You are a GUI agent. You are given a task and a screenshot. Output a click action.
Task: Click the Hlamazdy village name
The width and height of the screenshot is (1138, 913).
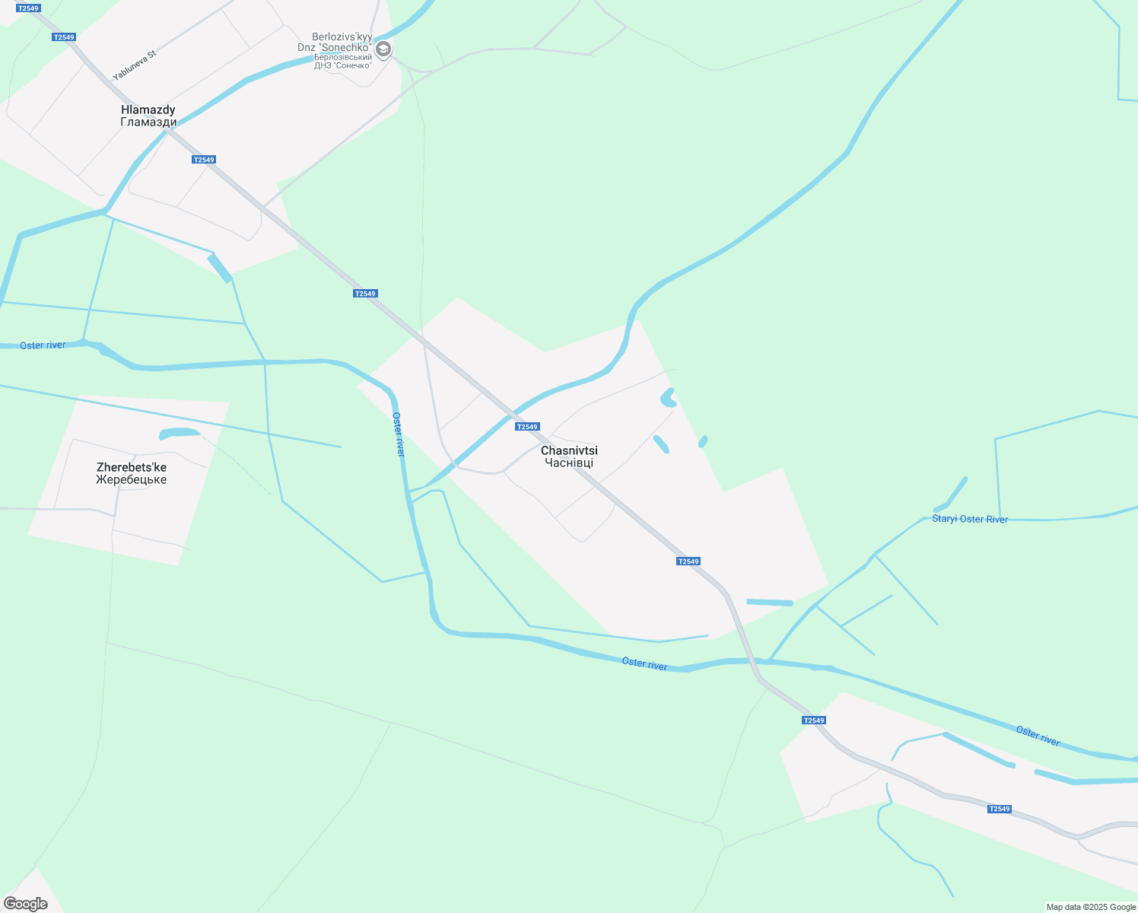[148, 110]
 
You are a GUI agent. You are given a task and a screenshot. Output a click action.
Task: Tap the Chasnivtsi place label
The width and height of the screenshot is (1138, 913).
[569, 450]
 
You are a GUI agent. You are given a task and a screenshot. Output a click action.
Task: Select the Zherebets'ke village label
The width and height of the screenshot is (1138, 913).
[131, 467]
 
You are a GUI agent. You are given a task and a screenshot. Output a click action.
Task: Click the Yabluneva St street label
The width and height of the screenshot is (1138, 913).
[134, 65]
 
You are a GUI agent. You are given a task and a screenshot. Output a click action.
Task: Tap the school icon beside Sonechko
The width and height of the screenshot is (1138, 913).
[383, 50]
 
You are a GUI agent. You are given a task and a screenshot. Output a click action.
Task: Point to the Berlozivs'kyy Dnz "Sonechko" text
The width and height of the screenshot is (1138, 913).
[342, 42]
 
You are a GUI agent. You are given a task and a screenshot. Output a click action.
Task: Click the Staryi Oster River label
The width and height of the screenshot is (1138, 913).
[970, 519]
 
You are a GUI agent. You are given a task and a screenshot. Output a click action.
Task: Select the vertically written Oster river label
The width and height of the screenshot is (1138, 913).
[399, 434]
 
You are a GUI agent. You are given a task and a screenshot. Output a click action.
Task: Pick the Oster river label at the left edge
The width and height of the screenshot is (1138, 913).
[43, 345]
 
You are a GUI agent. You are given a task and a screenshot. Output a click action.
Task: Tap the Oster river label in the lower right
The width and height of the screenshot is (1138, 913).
[1038, 736]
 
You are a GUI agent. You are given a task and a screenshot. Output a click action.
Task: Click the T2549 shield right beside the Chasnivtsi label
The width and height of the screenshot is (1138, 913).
[527, 427]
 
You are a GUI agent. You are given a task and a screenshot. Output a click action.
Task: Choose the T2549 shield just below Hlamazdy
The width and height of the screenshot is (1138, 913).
[204, 160]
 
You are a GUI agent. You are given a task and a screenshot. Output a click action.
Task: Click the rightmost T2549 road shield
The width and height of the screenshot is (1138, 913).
[999, 809]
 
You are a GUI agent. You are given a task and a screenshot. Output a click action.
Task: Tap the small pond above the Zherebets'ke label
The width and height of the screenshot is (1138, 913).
[179, 434]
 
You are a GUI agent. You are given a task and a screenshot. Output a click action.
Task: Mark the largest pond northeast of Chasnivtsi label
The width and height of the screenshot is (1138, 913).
[668, 397]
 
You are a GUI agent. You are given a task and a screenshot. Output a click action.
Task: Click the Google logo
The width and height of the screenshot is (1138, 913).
[26, 904]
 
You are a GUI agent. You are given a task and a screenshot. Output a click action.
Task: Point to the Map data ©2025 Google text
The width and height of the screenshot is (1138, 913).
[1091, 907]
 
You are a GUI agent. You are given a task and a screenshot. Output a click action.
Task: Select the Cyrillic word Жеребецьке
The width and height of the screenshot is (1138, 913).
[131, 480]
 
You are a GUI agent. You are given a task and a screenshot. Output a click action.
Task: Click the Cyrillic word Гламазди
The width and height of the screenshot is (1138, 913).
[148, 122]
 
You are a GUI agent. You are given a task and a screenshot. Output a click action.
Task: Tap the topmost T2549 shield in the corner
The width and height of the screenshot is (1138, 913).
[27, 8]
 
